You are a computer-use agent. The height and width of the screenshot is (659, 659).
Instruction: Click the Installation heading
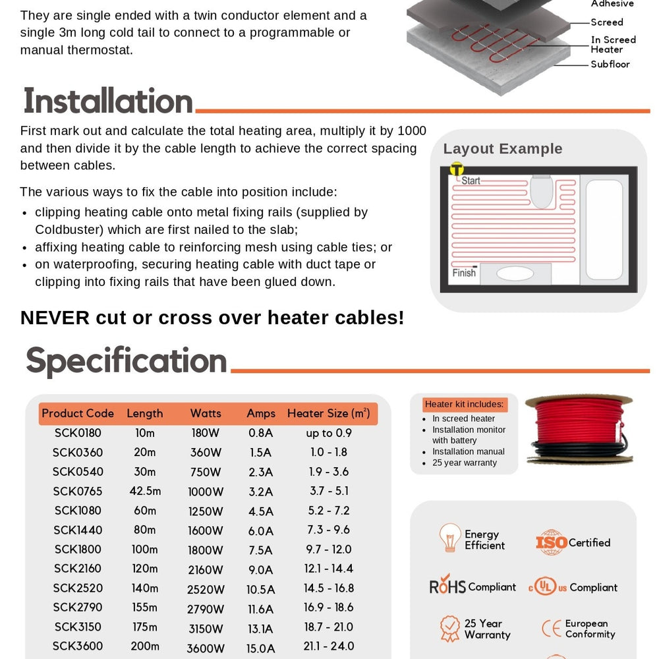point(108,101)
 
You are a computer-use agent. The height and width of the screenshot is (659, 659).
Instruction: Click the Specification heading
point(126,361)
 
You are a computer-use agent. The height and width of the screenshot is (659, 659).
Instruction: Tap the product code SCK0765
point(78,491)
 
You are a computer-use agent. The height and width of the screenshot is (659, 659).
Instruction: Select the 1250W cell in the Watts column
point(206,511)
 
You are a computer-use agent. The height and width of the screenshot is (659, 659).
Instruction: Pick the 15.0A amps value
point(260,648)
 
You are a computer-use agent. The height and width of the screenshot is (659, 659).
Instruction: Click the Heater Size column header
point(328,413)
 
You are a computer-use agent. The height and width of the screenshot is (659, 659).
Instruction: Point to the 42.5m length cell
point(144,491)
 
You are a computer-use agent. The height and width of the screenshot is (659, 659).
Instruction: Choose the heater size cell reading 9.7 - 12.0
point(329,549)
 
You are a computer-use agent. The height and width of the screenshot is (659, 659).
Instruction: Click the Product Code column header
point(78,413)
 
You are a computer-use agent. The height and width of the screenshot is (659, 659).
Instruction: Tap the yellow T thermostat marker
point(456,169)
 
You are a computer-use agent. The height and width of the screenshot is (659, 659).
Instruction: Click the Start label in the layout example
point(471,180)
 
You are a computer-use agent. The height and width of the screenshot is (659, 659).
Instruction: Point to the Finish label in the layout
point(464,273)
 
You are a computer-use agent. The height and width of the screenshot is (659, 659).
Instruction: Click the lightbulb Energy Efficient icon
point(450,538)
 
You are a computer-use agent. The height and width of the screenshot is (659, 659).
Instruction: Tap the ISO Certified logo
point(552,542)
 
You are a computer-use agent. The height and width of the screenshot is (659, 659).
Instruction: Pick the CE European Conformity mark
point(551,629)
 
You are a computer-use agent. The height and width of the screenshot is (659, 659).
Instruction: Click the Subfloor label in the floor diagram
point(610,64)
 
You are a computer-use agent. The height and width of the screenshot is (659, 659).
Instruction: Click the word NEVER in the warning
point(55,318)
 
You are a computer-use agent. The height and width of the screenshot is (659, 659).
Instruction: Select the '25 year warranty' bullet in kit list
point(465,463)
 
